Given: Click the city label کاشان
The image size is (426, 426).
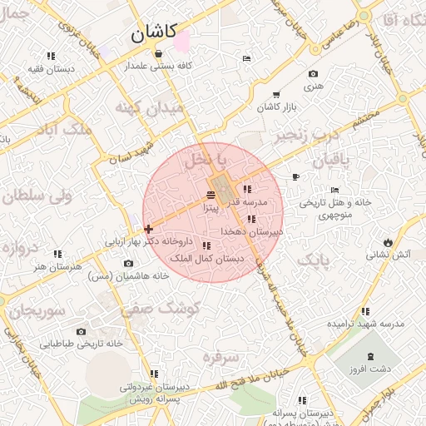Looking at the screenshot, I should [x=153, y=33].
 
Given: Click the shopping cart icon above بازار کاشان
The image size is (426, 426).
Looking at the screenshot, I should [x=276, y=95].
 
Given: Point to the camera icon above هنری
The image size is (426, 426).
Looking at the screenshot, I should [x=313, y=74].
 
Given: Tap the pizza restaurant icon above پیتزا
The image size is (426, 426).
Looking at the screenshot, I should [x=210, y=196].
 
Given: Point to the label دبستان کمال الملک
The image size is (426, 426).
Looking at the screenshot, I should [x=207, y=259].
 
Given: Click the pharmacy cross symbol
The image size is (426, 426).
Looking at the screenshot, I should [x=148, y=229].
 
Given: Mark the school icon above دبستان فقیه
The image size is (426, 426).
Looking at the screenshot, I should [x=52, y=56].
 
